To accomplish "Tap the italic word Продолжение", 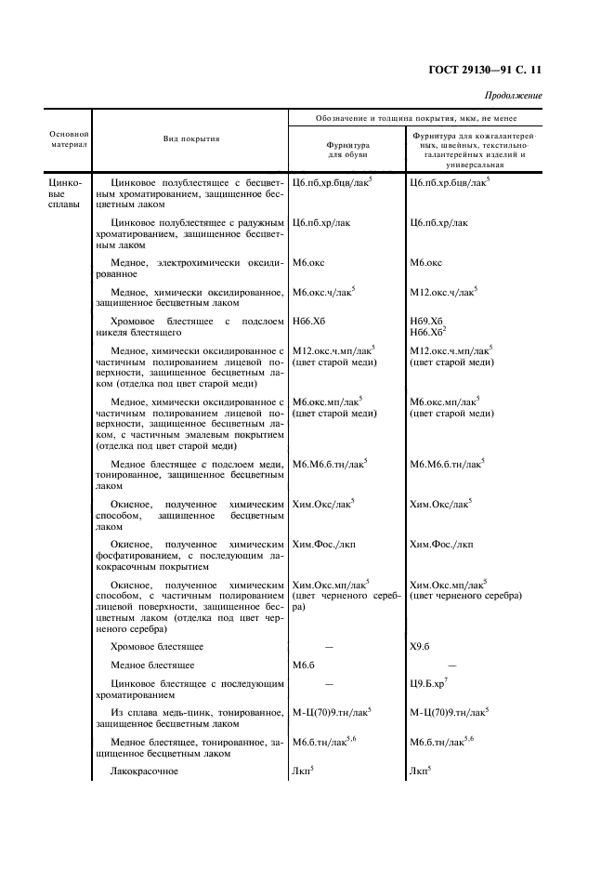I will point(514,96).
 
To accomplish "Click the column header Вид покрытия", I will point(191,138).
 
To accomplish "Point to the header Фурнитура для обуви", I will point(347,150).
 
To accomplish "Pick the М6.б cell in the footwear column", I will point(306,666).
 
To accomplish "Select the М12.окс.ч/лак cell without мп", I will point(442,292).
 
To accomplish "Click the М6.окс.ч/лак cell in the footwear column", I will point(322,292).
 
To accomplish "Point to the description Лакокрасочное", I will point(144,771).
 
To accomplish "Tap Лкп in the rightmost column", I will point(420,771).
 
